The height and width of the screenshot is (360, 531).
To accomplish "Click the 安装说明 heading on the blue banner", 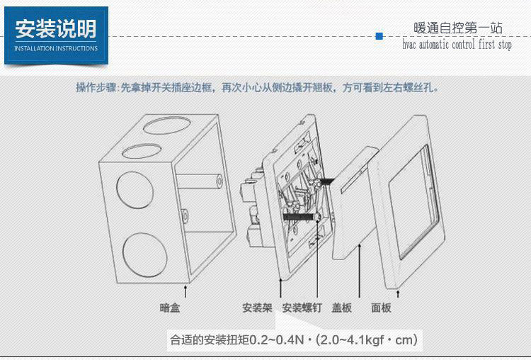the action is coord(56,29).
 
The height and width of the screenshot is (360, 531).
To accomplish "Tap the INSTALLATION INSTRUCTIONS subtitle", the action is coord(56,49).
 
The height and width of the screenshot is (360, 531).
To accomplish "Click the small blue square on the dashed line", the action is coord(379,35).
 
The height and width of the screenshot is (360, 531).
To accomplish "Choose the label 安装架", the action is coord(257,308).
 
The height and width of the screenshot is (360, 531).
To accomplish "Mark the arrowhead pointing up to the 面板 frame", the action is coord(400,291).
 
